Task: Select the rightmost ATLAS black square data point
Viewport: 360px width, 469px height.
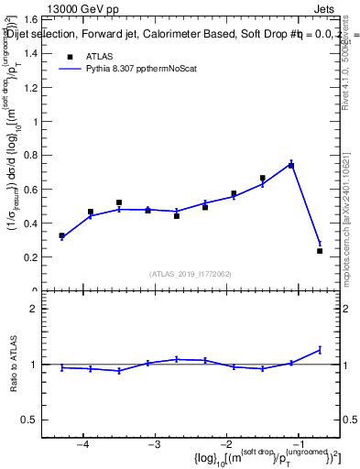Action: (x=320, y=250)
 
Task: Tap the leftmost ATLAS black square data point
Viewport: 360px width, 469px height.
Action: (x=61, y=235)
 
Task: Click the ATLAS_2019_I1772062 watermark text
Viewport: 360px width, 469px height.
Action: (x=191, y=273)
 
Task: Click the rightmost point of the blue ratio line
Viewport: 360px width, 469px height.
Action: (x=320, y=349)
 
